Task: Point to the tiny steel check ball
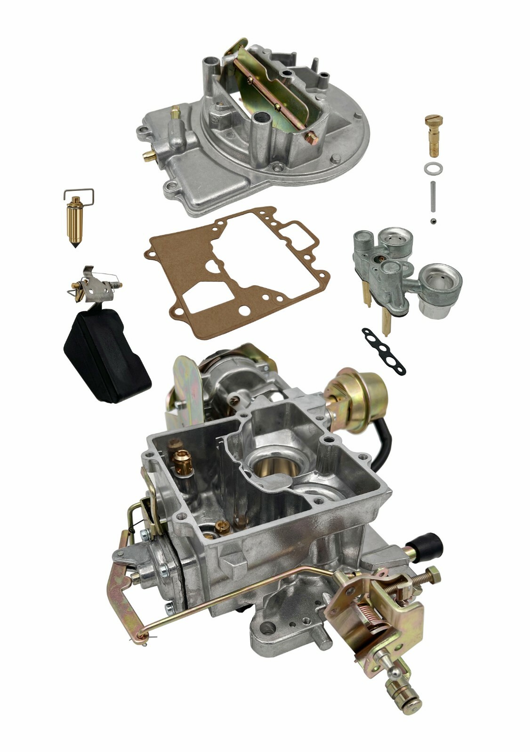click(x=432, y=220)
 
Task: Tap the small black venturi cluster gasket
click(x=384, y=350)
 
